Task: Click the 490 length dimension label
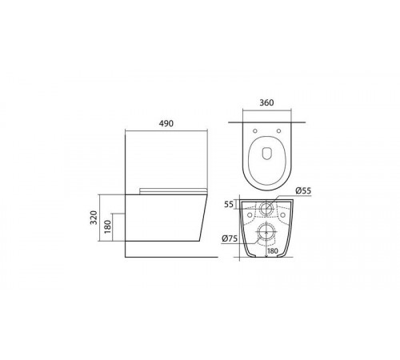point(166,123)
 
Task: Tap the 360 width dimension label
point(266,102)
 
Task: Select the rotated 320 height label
point(94,218)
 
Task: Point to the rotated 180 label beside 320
point(108,226)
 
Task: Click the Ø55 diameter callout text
point(303,190)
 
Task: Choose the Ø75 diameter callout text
point(230,238)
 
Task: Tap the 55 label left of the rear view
point(229,204)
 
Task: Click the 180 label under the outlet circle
point(272,251)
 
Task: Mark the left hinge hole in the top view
point(255,130)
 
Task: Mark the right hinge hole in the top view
point(278,130)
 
